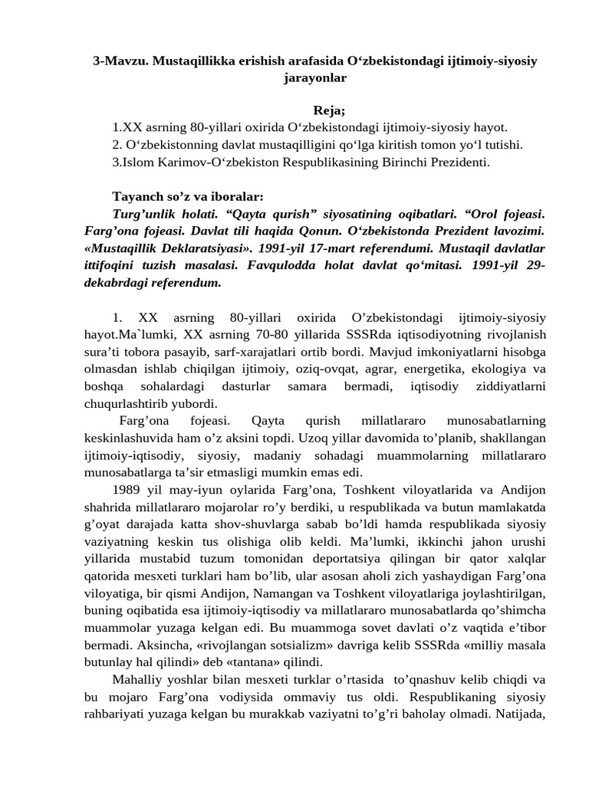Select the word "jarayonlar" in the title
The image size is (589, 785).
(314, 77)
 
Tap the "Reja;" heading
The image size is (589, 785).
(329, 111)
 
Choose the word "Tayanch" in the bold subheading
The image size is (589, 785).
(137, 195)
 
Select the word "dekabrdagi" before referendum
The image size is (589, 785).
(117, 282)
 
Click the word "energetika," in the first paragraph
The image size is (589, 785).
(406, 370)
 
